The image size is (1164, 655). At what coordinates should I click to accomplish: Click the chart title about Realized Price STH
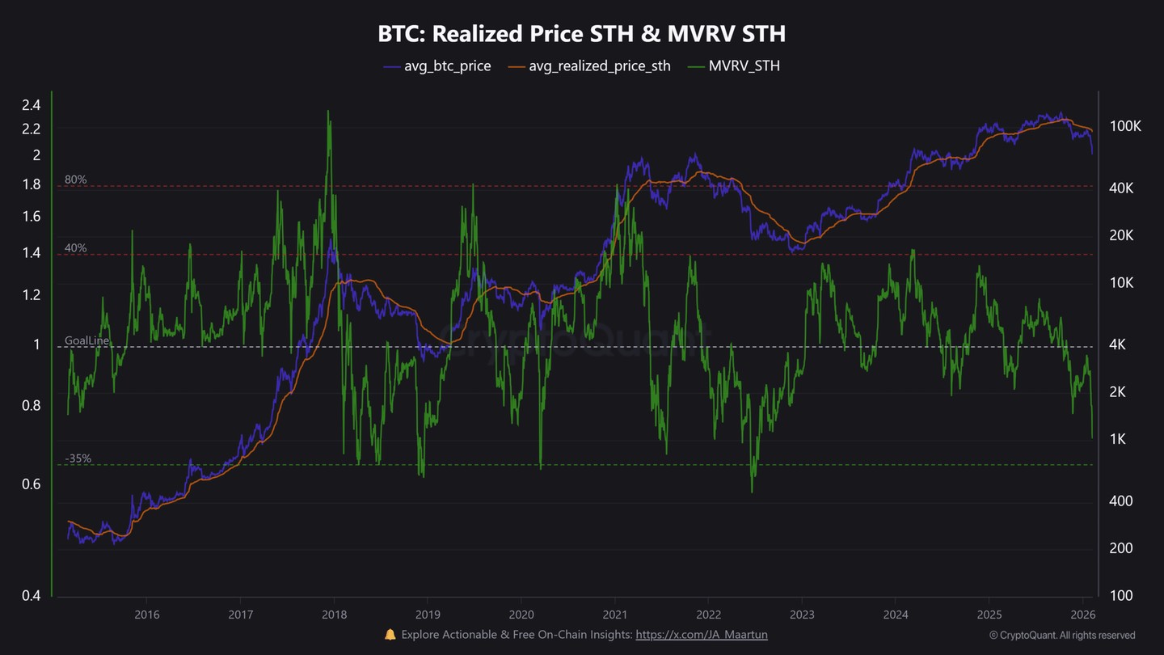pos(581,34)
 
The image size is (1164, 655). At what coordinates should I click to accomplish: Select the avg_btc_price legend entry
pos(447,66)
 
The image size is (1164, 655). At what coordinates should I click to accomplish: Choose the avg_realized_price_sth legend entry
pos(599,66)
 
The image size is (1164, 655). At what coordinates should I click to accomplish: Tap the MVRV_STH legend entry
pos(744,66)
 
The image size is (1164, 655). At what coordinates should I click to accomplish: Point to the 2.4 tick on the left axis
pos(32,104)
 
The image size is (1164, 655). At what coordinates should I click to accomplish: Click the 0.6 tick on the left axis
pos(32,484)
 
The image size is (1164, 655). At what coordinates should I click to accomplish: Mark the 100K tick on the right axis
pos(1125,127)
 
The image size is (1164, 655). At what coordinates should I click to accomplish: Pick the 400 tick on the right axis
pos(1120,501)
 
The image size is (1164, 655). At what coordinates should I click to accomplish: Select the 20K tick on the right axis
pos(1122,235)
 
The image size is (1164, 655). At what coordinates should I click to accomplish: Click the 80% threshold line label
pos(76,180)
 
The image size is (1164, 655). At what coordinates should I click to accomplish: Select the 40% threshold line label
pos(76,248)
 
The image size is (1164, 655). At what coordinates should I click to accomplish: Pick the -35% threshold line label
pos(78,458)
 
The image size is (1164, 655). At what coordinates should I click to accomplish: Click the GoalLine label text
pos(87,341)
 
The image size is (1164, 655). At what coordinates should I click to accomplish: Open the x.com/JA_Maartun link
pos(702,635)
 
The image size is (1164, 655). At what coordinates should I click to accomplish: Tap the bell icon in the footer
pos(390,635)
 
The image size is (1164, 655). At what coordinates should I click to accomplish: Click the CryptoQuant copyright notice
pos(1062,636)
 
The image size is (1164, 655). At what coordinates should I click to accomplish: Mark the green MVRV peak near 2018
pos(328,112)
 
